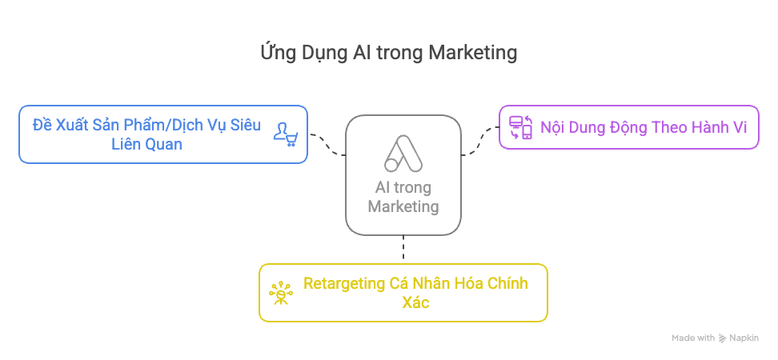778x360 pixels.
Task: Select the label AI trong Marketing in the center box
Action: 403,197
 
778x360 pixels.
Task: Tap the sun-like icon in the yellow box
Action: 281,293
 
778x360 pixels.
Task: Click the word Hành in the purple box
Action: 702,127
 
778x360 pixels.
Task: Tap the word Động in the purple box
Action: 620,127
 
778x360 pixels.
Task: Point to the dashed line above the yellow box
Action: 403,250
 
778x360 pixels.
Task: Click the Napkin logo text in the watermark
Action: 744,338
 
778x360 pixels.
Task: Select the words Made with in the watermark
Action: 693,338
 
